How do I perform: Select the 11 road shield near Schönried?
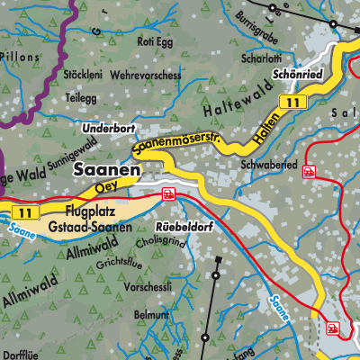click(x=288, y=105)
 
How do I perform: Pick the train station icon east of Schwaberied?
click(x=310, y=171)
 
